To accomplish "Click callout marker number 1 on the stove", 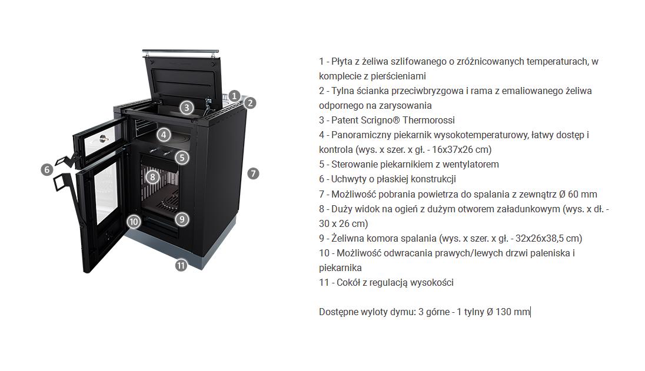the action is (234, 96).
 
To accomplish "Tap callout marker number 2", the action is (250, 103).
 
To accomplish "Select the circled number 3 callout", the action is (187, 108).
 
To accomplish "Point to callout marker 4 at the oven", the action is (164, 135).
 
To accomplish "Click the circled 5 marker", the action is (182, 158).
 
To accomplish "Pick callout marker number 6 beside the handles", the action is (47, 169).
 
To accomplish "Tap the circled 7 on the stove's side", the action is (253, 173).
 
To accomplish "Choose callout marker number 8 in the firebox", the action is (152, 177).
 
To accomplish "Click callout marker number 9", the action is (182, 219).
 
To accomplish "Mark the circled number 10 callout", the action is (134, 222).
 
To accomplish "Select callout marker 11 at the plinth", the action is (181, 265).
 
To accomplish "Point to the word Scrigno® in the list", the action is (380, 121).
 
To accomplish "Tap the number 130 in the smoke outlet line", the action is (503, 312).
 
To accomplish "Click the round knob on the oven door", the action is (102, 138).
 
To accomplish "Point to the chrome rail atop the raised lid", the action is (181, 52).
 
